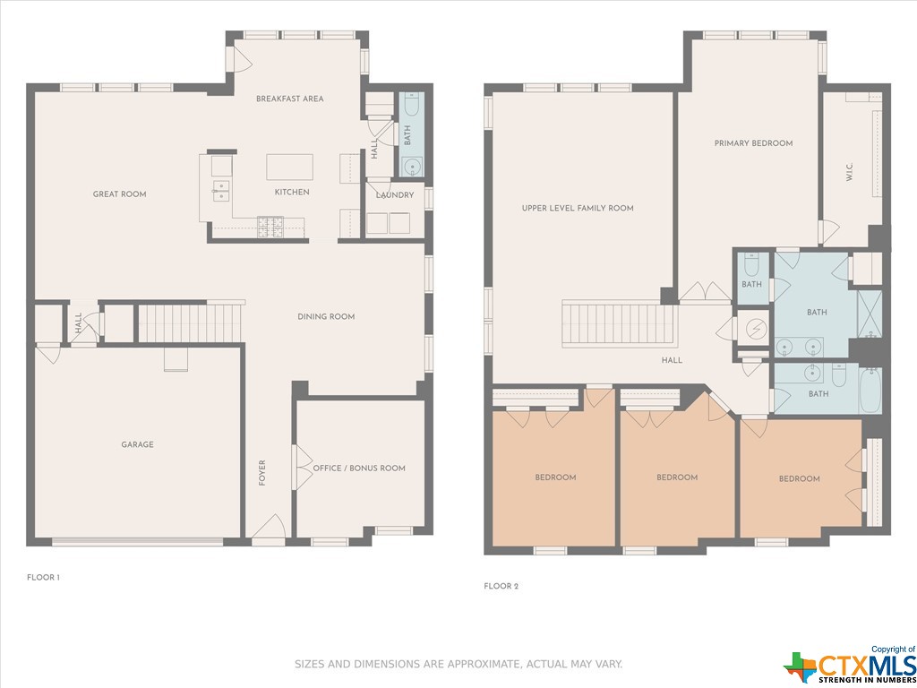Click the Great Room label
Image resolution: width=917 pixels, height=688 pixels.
point(119,194)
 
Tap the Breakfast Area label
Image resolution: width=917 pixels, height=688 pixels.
point(289,99)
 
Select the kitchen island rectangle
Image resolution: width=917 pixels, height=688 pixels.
point(289,167)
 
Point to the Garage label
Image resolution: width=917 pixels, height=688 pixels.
point(137,444)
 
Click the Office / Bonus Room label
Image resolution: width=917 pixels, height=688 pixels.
point(359,468)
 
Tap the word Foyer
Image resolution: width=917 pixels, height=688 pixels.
point(262,473)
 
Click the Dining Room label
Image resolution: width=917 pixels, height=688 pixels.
point(326,316)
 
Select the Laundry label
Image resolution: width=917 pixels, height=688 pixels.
point(395,195)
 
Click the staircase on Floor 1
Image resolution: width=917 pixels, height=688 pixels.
point(190,322)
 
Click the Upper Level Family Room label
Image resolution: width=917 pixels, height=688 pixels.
point(578,208)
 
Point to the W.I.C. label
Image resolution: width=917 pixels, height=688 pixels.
point(851,172)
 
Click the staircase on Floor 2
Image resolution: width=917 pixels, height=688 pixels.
point(620,324)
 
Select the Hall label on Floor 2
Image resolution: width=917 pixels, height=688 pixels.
point(672,360)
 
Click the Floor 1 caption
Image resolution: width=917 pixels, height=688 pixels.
point(43,578)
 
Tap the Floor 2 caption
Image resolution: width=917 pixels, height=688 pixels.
point(501,586)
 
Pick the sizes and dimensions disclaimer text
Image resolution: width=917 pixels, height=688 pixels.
point(458,665)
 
